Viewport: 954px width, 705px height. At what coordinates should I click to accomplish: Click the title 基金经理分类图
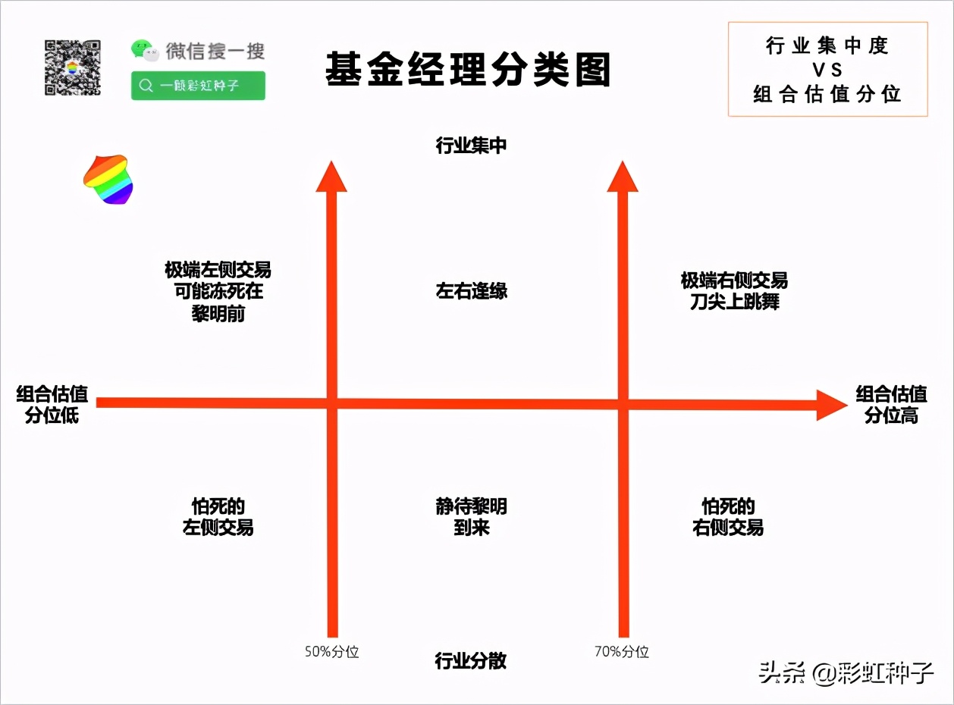click(468, 70)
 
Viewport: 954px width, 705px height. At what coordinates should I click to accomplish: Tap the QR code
click(72, 67)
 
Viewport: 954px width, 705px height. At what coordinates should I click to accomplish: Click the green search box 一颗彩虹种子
click(198, 86)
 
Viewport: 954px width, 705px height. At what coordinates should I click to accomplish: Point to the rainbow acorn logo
click(108, 180)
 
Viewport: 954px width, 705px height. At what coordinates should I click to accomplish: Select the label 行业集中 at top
click(471, 146)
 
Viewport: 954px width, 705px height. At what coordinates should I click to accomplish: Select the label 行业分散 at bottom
click(470, 661)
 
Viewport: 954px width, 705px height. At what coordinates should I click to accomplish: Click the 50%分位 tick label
click(331, 652)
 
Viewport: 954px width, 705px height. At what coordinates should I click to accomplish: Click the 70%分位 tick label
click(622, 652)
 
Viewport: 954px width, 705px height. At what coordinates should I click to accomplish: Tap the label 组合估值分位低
click(52, 405)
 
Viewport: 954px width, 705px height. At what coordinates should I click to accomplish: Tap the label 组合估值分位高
click(891, 405)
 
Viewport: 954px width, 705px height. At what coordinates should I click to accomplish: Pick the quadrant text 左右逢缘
click(472, 291)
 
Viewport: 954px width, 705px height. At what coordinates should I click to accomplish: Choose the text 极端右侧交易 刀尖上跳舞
click(734, 291)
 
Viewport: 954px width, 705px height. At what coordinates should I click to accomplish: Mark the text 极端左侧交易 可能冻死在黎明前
click(218, 291)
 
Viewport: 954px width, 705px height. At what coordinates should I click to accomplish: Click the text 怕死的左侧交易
click(218, 517)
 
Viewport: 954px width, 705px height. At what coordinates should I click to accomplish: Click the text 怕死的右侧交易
click(728, 517)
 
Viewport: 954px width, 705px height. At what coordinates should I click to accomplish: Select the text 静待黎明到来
click(472, 517)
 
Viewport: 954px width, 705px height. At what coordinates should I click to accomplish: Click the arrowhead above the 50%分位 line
click(331, 176)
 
